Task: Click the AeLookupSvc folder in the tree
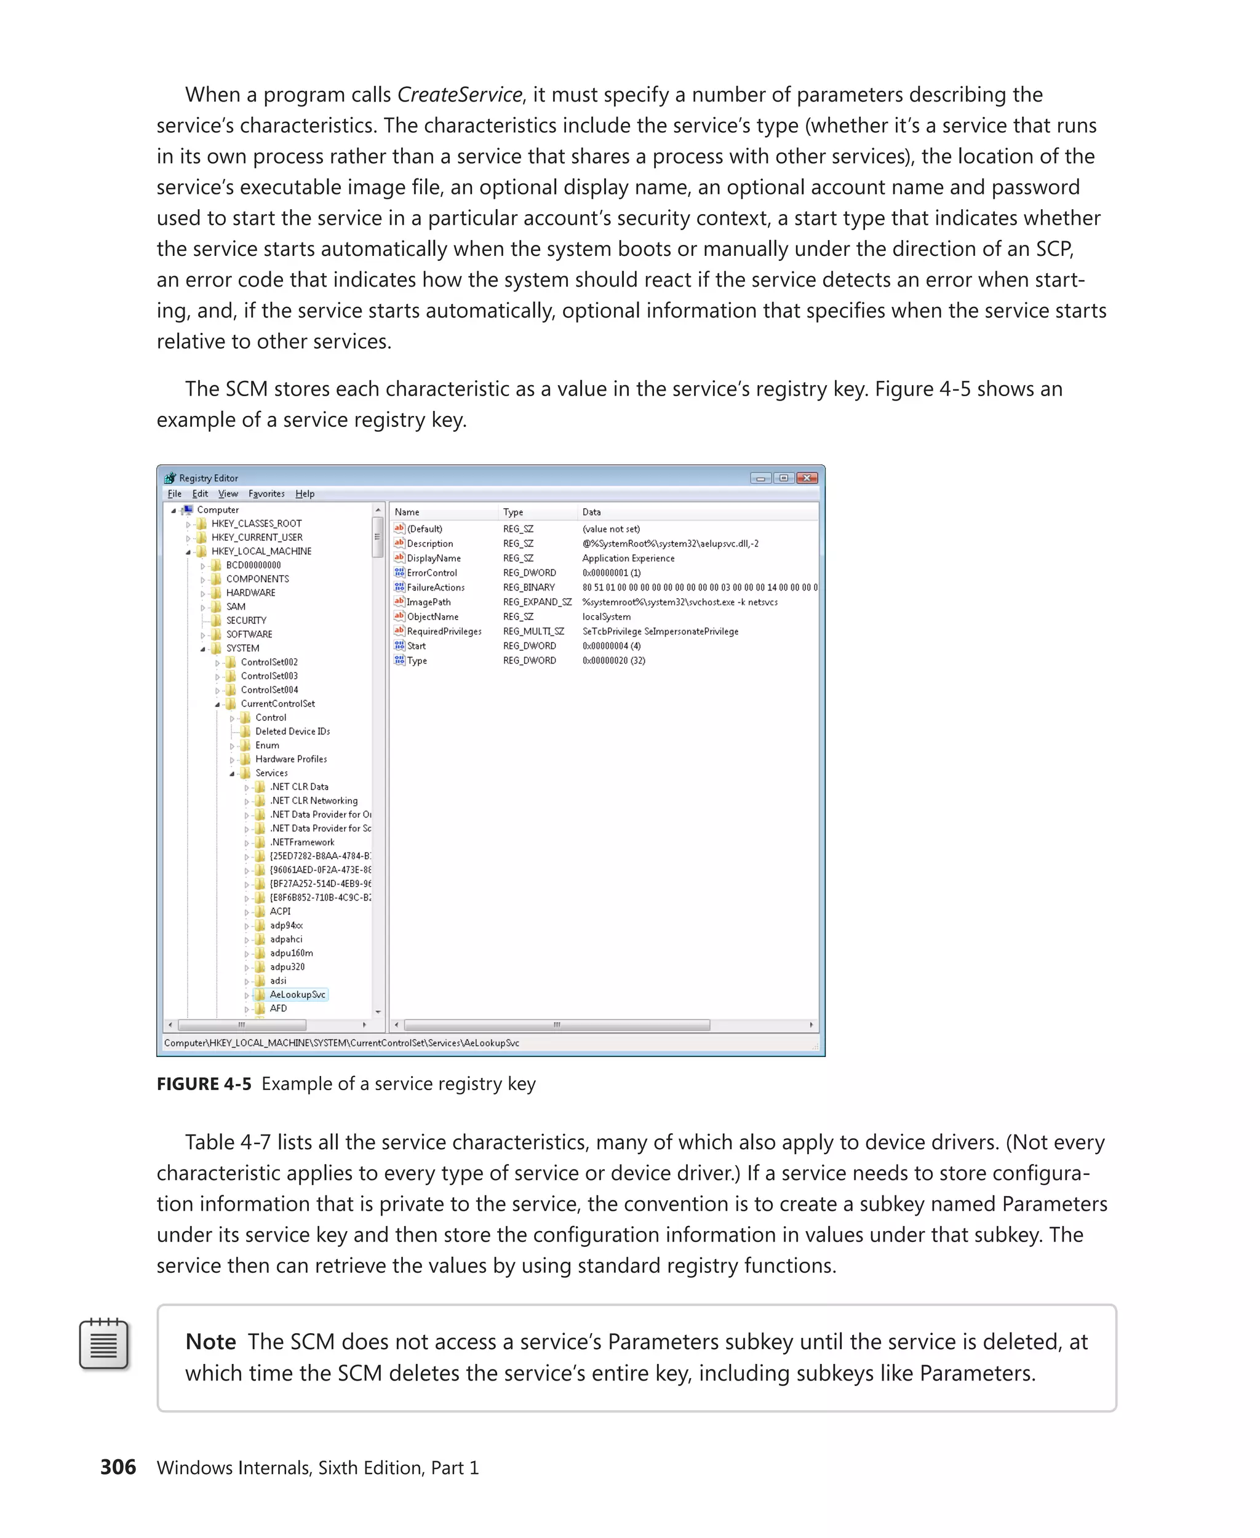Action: (x=297, y=994)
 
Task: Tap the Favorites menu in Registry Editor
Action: (x=266, y=493)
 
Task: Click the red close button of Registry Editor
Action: (x=807, y=477)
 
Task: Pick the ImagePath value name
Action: (x=428, y=602)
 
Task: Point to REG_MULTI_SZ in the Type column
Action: (x=533, y=631)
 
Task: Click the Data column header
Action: (x=591, y=512)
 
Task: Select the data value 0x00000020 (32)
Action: (x=613, y=661)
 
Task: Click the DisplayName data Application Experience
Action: (x=628, y=558)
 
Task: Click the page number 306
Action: (x=118, y=1467)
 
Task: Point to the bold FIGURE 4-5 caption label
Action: (x=204, y=1083)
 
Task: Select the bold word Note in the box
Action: (x=210, y=1341)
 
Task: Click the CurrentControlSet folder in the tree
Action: (x=277, y=703)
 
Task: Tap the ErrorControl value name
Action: (x=431, y=573)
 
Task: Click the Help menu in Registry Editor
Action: (x=305, y=493)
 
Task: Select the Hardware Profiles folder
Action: (x=290, y=759)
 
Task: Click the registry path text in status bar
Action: (x=341, y=1043)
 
